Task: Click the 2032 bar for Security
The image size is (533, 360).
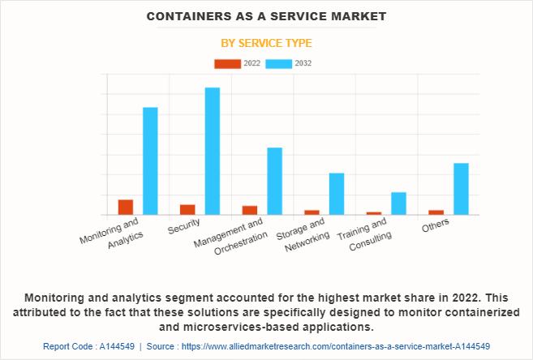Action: [x=213, y=151]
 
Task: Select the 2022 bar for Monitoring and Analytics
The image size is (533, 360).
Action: [x=126, y=208]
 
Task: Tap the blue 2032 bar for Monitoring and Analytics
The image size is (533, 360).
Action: [x=150, y=161]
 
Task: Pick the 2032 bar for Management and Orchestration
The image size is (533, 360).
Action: [x=275, y=182]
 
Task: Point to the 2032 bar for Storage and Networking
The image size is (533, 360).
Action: [x=337, y=194]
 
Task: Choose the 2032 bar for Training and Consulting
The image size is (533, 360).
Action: [x=398, y=204]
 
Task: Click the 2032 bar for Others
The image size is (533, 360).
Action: [x=462, y=189]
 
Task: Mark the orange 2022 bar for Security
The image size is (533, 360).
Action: [x=187, y=210]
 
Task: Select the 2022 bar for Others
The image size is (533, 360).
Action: [x=436, y=212]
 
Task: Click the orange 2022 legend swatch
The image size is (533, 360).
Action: [x=227, y=64]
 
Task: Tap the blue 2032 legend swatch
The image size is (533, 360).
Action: [x=279, y=64]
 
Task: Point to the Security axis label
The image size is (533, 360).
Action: [x=183, y=226]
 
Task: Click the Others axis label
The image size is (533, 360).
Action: [x=436, y=225]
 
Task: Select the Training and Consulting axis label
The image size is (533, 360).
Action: [x=364, y=234]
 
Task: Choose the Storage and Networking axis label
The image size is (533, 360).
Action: [x=303, y=235]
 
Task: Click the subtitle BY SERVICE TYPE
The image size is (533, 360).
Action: [x=266, y=43]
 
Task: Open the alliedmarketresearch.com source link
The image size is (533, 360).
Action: [x=336, y=346]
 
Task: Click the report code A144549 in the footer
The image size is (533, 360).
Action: [x=117, y=346]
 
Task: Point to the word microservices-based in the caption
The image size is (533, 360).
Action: [x=241, y=327]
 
